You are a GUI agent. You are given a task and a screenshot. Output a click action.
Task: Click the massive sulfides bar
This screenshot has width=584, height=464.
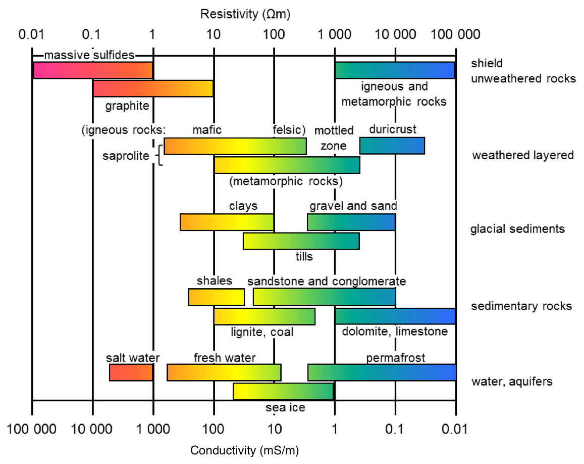[x=93, y=70]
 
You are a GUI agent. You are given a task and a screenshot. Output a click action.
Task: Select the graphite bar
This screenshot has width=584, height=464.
[x=153, y=88]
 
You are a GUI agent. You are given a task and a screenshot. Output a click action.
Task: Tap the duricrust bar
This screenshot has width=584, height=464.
[x=392, y=146]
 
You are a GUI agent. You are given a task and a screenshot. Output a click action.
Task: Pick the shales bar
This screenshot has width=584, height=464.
[x=216, y=297]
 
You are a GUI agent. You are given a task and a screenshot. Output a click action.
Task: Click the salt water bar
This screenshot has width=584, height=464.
[x=131, y=373]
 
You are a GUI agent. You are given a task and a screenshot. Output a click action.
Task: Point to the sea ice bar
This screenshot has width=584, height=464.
[x=283, y=391]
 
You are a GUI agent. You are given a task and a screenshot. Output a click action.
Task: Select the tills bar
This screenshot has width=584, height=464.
[x=301, y=241]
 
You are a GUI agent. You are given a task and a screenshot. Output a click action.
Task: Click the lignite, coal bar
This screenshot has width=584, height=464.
[x=264, y=316]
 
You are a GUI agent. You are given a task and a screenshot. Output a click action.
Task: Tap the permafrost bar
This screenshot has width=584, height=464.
[x=382, y=373]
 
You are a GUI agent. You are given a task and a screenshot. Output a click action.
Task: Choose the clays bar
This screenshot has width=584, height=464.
[x=227, y=222]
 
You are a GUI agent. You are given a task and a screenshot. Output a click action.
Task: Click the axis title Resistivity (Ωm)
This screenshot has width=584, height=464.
[x=245, y=14]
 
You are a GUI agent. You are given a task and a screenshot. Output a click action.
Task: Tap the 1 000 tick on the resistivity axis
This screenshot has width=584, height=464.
[x=335, y=35]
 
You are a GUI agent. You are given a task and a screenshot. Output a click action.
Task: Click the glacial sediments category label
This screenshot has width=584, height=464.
[x=517, y=229]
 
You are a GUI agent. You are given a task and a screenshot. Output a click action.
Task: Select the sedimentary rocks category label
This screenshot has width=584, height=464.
[x=521, y=306]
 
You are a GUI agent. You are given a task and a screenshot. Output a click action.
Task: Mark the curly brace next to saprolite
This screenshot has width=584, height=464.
[x=160, y=155]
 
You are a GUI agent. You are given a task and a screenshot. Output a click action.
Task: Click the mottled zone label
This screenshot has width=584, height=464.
[x=334, y=138]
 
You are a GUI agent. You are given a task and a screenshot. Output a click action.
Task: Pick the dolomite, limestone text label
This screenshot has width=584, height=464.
[x=395, y=332]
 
